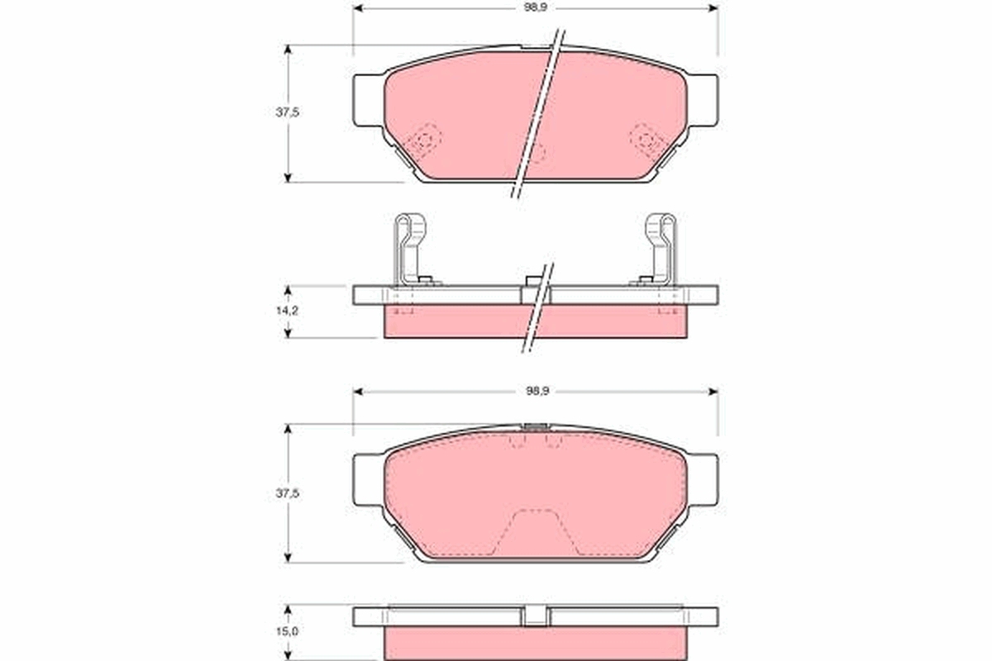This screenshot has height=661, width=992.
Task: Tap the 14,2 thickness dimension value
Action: click(x=287, y=311)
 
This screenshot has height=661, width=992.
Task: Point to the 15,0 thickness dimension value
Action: click(x=287, y=631)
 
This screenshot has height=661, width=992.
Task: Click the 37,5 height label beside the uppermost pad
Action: click(x=287, y=113)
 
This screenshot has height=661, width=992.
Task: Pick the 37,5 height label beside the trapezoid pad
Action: click(x=287, y=493)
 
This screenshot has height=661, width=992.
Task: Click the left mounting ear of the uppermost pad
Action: click(x=369, y=100)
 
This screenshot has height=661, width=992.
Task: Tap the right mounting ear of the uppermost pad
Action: click(x=702, y=100)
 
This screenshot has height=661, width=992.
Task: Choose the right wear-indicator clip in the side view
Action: click(x=661, y=248)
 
